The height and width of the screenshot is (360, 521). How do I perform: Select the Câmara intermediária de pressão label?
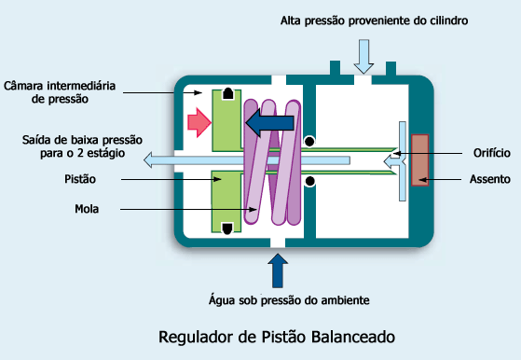click(60, 91)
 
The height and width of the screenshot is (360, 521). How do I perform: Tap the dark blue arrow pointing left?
click(268, 123)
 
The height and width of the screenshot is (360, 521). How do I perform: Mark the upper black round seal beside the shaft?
click(308, 142)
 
